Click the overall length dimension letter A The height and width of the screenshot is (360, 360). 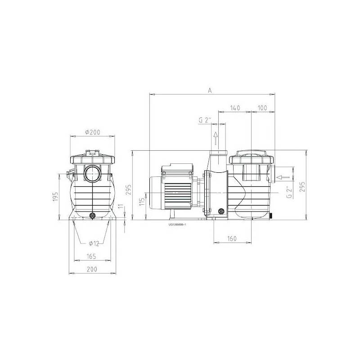click(x=210, y=90)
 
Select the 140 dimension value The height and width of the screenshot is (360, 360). click(x=234, y=108)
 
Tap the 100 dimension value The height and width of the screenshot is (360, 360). click(x=263, y=108)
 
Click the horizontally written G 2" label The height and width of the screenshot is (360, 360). click(x=205, y=120)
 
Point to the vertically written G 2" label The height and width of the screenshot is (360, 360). click(x=288, y=192)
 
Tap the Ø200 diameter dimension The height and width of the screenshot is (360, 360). click(x=93, y=132)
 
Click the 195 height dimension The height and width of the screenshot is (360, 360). click(x=56, y=197)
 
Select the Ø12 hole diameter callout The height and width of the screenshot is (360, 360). click(x=94, y=243)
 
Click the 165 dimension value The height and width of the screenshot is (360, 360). click(x=92, y=256)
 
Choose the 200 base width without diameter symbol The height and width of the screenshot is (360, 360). click(x=92, y=269)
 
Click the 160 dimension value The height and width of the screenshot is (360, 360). click(x=232, y=238)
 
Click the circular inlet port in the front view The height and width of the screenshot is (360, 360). click(x=93, y=173)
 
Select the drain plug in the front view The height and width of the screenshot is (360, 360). click(x=93, y=216)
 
